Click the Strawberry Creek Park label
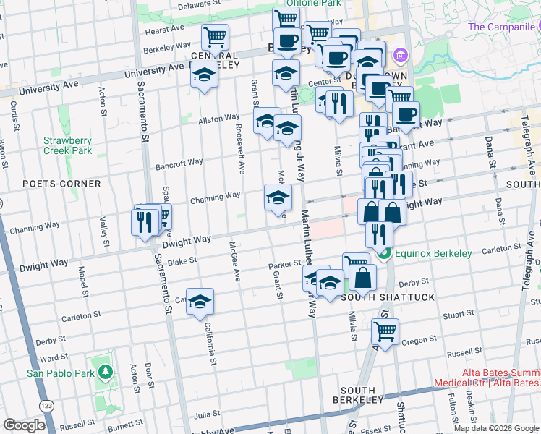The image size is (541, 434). click(x=67, y=145)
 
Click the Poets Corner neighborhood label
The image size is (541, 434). click(x=61, y=184)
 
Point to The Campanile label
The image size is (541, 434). click(x=500, y=27)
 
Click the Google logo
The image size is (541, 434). click(x=24, y=425)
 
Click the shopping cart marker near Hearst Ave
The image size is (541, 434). click(x=215, y=36)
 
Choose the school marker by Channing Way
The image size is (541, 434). click(x=278, y=197)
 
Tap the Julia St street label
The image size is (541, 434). click(x=206, y=414)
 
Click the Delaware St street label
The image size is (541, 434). click(x=198, y=5)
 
